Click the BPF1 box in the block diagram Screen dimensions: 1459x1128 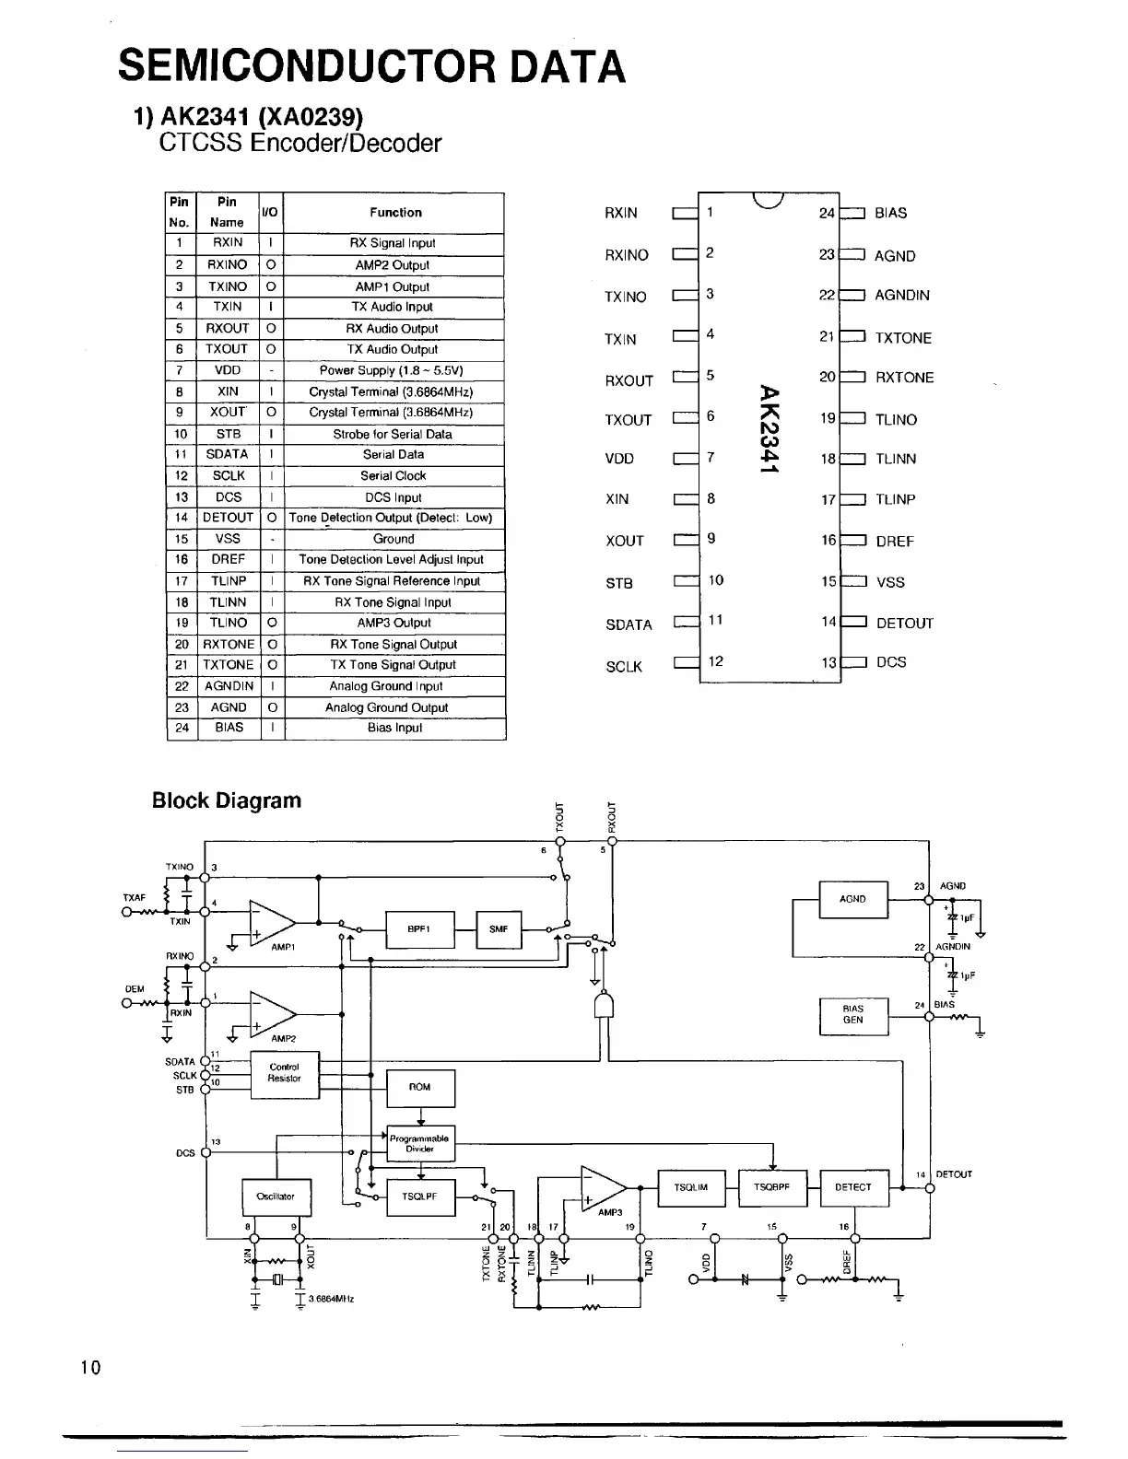pyautogui.click(x=419, y=929)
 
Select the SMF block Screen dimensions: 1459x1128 pyautogui.click(x=499, y=929)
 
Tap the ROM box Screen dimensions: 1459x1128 pyautogui.click(x=419, y=1088)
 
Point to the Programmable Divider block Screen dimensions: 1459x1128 pyautogui.click(x=419, y=1143)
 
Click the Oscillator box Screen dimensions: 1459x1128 pyautogui.click(x=276, y=1197)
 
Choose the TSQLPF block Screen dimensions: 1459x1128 pyautogui.click(x=419, y=1197)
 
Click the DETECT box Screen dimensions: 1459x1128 pyautogui.click(x=852, y=1187)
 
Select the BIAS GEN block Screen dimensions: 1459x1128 pyautogui.click(x=853, y=1015)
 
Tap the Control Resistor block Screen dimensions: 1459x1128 pyautogui.click(x=285, y=1073)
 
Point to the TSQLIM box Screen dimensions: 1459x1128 pyautogui.click(x=691, y=1187)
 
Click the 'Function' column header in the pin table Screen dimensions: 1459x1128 pyautogui.click(x=395, y=213)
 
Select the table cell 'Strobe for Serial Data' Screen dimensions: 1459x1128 pyautogui.click(x=393, y=434)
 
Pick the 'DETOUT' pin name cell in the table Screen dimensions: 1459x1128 pyautogui.click(x=228, y=518)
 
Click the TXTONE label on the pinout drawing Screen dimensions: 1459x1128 pyautogui.click(x=903, y=338)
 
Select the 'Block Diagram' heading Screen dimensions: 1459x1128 pyautogui.click(x=227, y=800)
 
